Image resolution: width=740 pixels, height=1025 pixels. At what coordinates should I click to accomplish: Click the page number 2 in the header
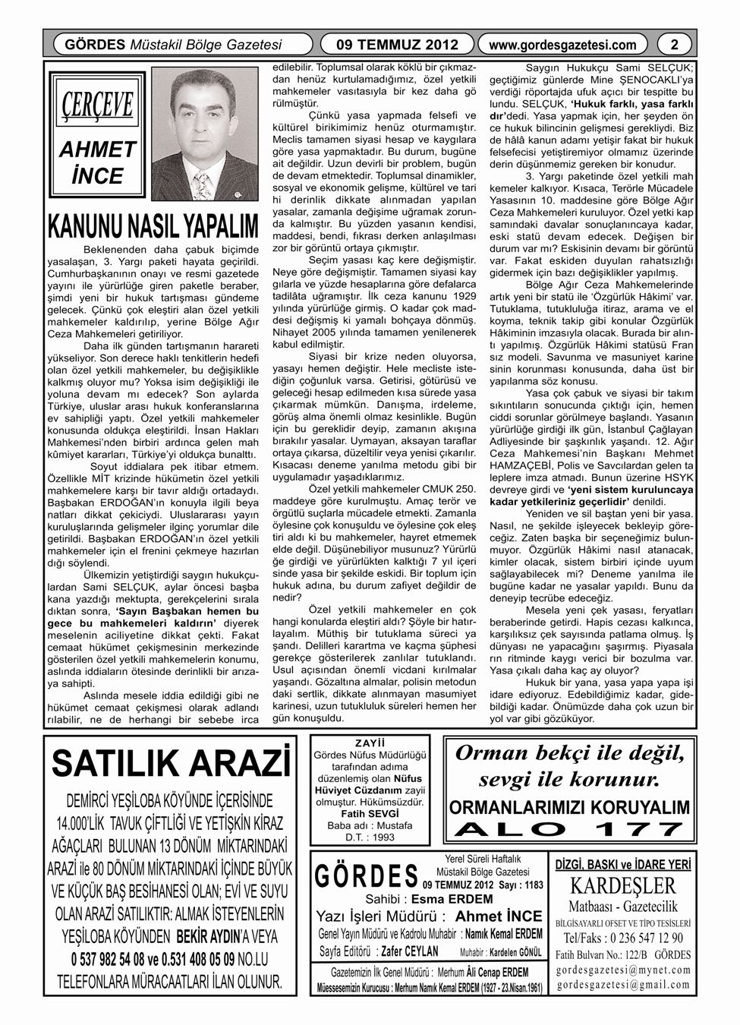(x=674, y=45)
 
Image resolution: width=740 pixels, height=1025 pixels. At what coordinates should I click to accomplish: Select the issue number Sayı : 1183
(x=523, y=885)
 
